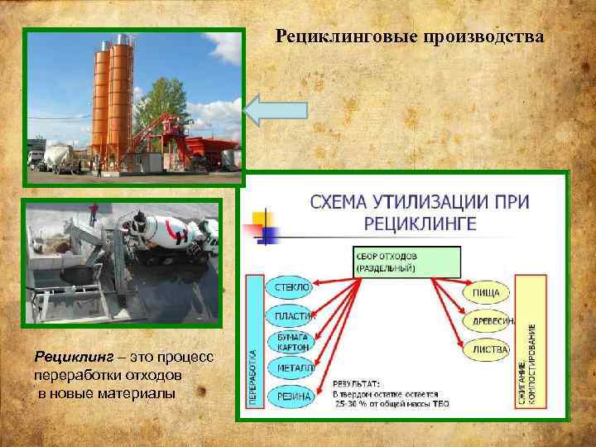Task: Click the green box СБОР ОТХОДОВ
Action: [406, 260]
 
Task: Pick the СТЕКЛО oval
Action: [289, 286]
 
